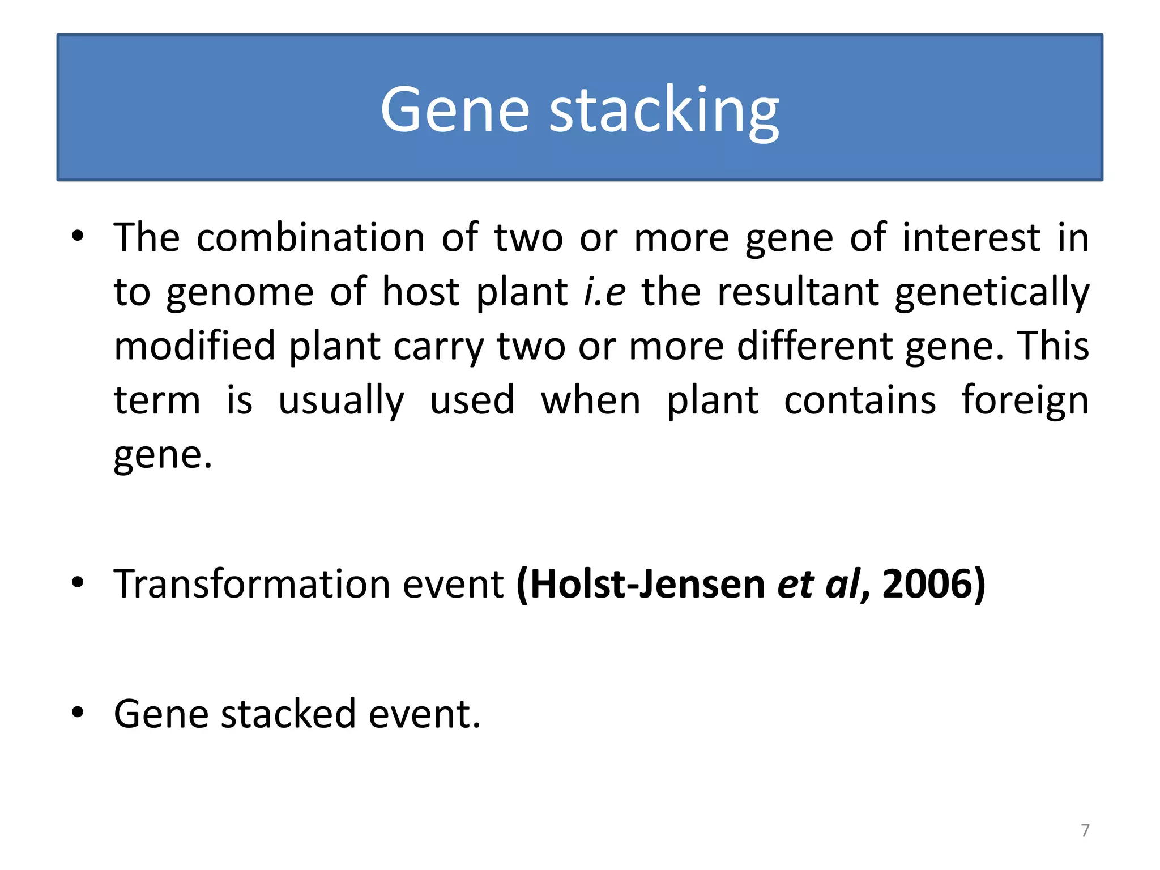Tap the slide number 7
[x=1085, y=830]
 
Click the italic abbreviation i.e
[x=604, y=292]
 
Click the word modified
[x=194, y=346]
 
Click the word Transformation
[x=251, y=583]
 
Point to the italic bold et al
[x=818, y=583]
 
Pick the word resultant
[x=797, y=292]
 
